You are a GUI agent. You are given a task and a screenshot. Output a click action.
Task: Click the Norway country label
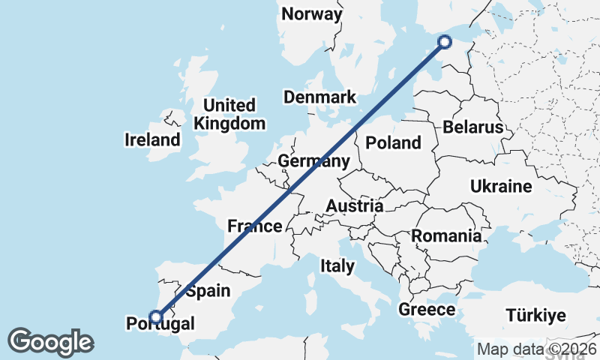[312, 14]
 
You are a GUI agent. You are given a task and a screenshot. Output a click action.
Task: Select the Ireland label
[153, 140]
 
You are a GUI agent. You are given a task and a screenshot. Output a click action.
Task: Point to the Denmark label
[319, 97]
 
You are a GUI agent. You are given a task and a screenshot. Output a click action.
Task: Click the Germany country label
[313, 162]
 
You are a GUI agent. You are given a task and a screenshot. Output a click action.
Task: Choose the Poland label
[393, 143]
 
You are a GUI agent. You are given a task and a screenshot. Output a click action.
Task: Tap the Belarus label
[472, 127]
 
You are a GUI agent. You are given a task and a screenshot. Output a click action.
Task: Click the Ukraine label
[500, 187]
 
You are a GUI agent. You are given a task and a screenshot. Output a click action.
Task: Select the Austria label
[355, 206]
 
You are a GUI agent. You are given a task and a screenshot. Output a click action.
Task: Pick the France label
[255, 226]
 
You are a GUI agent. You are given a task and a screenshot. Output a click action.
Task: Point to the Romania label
[446, 236]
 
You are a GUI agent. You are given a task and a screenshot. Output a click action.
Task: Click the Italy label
[337, 265]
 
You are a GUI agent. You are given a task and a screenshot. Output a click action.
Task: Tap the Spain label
[208, 291]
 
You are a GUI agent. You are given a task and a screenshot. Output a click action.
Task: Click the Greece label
[427, 310]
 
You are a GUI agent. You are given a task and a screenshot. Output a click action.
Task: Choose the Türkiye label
[535, 315]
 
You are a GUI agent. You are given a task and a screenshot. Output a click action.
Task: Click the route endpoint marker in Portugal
[156, 316]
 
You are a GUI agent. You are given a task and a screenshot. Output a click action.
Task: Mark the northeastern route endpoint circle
[444, 42]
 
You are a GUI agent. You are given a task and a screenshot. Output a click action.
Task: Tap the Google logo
[50, 342]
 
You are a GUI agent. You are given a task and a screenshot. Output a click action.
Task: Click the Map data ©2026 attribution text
[537, 349]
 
